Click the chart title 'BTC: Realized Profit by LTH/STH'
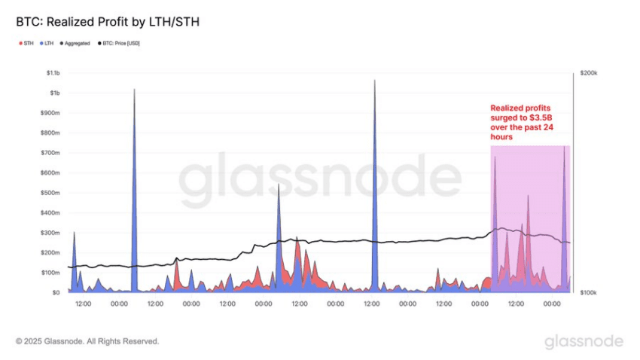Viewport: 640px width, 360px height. tap(107, 23)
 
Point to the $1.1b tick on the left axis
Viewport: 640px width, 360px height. tap(50, 73)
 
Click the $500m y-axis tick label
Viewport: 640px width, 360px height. tap(49, 193)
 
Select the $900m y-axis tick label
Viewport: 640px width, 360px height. tap(49, 113)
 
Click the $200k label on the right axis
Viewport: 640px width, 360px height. tap(589, 73)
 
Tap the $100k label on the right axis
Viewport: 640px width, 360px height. tap(589, 292)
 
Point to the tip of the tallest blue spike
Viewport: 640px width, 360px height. tap(374, 80)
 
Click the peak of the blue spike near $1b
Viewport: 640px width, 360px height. tap(134, 90)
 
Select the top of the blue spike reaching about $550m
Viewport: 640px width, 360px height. tap(279, 185)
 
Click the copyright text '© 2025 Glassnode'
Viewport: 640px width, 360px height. tap(87, 341)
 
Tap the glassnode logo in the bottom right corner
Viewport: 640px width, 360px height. tap(584, 341)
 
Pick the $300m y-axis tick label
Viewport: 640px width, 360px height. tap(49, 233)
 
